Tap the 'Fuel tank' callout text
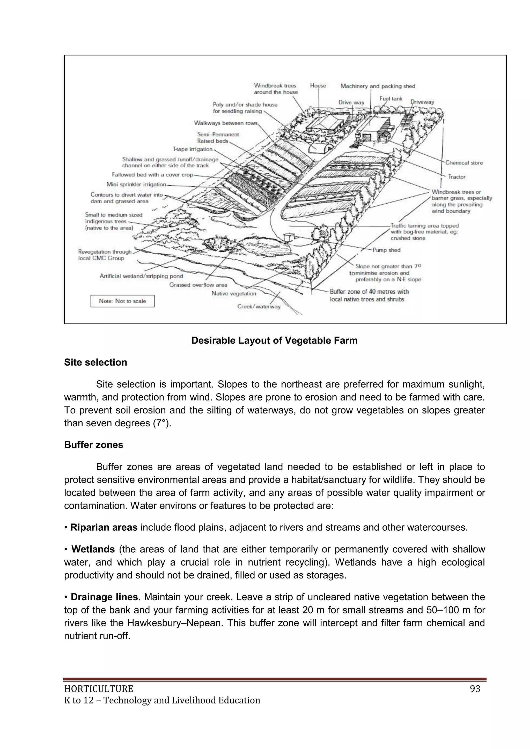point(391,99)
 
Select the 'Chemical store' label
point(464,163)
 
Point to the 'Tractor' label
point(457,177)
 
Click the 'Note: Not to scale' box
point(122,301)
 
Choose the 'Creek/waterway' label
point(259,307)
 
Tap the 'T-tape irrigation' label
point(193,149)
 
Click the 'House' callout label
point(318,85)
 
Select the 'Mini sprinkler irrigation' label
point(136,184)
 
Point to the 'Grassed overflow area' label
point(198,285)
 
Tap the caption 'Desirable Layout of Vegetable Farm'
point(274,340)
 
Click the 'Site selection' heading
point(95,362)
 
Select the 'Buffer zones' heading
point(93,445)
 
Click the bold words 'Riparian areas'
point(104,528)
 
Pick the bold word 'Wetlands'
point(93,549)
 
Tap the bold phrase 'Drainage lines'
point(104,597)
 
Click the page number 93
point(475,689)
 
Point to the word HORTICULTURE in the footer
point(99,689)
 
